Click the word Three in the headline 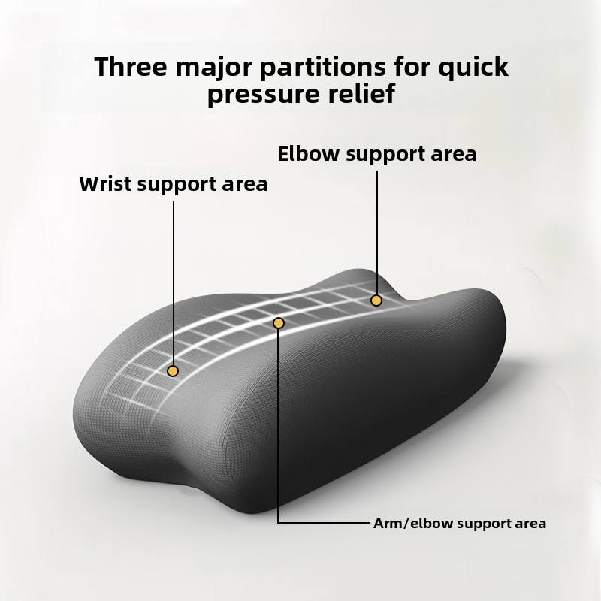point(131,67)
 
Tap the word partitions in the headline point(323,67)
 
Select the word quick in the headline point(473,67)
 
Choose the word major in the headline point(214,68)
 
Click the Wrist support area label point(174,184)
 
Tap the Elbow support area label point(377,154)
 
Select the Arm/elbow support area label point(460,524)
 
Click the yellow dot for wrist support point(173,370)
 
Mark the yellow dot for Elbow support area point(376,300)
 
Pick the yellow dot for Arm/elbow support point(279,323)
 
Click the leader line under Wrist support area point(174,284)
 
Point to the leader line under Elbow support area point(377,233)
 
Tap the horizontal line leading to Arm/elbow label point(325,522)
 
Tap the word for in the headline point(412,67)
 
